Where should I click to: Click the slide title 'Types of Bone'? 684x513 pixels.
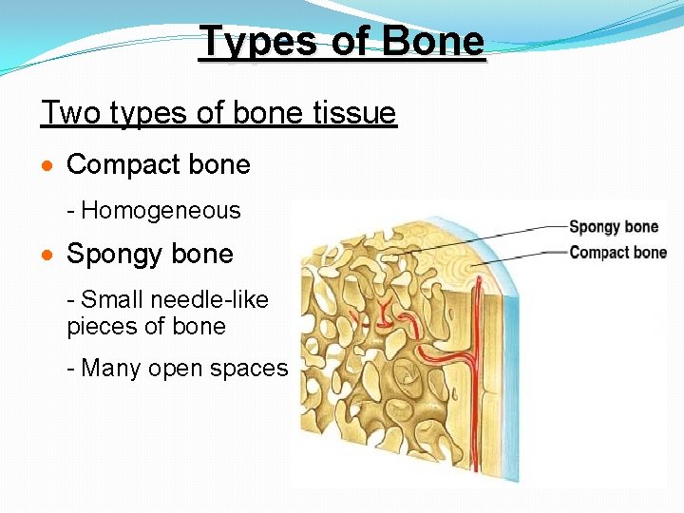click(x=342, y=42)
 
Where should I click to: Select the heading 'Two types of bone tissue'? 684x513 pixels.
click(x=218, y=114)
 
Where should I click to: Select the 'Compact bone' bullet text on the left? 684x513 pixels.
click(x=158, y=164)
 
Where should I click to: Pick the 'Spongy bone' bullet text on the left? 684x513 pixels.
click(x=149, y=254)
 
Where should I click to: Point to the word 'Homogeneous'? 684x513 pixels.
click(x=167, y=210)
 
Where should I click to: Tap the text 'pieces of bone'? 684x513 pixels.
click(x=146, y=327)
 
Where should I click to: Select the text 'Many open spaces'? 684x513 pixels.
click(x=184, y=368)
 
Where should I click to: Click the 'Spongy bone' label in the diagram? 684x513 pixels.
click(x=613, y=226)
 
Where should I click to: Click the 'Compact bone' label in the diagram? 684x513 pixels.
click(x=617, y=252)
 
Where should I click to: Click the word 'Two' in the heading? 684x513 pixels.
click(x=70, y=114)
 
